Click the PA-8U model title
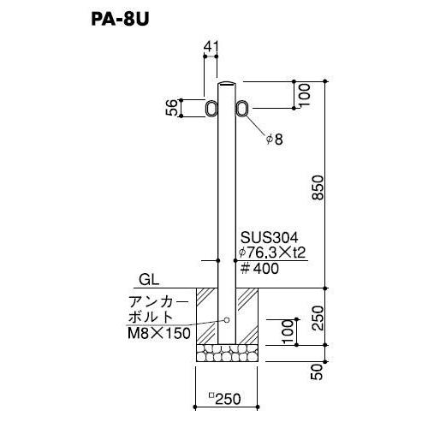120,20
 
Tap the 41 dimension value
211,47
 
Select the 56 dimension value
172,108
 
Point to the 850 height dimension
318,187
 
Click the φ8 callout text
275,140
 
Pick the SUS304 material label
270,238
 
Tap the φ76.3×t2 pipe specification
272,253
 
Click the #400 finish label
259,269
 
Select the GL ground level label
149,281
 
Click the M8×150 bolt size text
159,333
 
